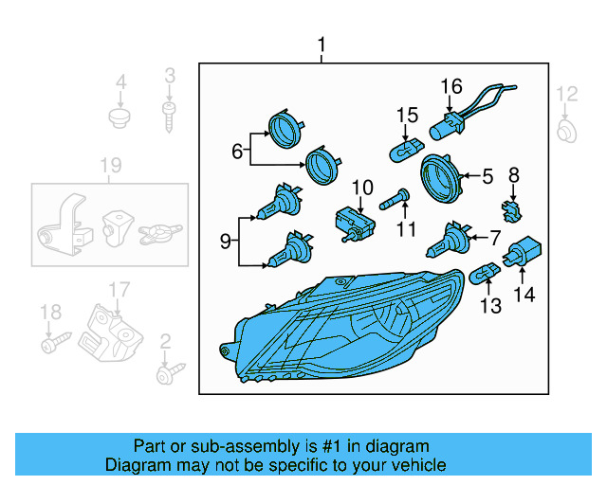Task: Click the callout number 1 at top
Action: tap(322, 45)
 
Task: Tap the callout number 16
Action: tap(451, 87)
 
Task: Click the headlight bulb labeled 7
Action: tap(445, 241)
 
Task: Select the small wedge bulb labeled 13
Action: tap(486, 274)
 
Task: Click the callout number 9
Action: tap(226, 242)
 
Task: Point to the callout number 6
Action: tap(237, 150)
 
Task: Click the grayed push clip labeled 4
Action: tap(120, 117)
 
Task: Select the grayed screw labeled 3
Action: tap(169, 116)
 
